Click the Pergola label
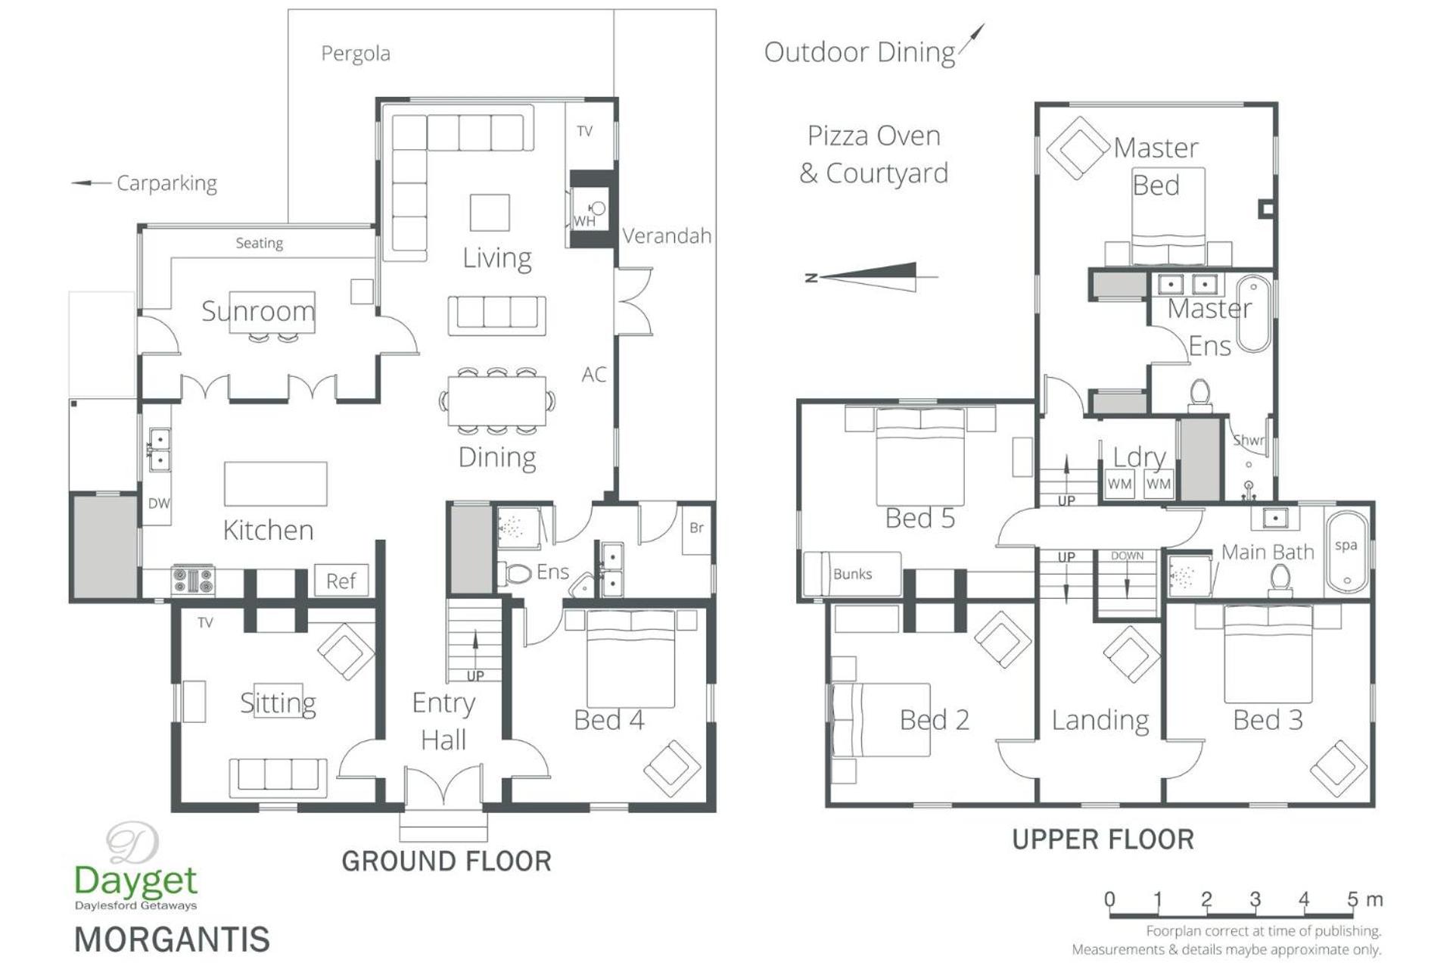pos(356,54)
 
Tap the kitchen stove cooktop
pos(193,581)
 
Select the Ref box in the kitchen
pos(341,581)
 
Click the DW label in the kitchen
pos(159,503)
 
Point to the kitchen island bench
pos(275,484)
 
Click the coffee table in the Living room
pos(490,212)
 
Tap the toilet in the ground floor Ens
pos(515,574)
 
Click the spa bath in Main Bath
pos(1346,553)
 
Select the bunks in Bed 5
pos(852,573)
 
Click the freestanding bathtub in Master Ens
pos(1254,314)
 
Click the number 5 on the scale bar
pos(1352,899)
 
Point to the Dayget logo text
pos(136,880)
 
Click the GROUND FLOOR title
pos(446,862)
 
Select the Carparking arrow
pos(91,183)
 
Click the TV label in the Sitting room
pos(205,623)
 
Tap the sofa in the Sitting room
pos(278,776)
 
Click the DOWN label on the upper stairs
pos(1128,556)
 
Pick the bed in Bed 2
pos(881,720)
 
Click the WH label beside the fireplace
pos(584,222)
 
